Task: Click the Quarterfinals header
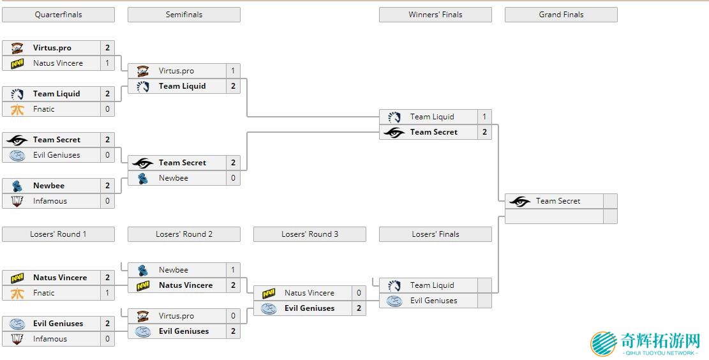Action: point(58,15)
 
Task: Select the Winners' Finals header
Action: point(435,15)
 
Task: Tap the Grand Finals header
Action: point(561,15)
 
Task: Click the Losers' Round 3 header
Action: point(310,234)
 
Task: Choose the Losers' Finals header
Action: point(435,234)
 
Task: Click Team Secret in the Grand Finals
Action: point(558,201)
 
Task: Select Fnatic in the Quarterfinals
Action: point(44,109)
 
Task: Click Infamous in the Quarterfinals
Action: point(50,201)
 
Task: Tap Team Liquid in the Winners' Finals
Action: point(432,117)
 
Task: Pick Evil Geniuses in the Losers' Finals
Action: point(433,301)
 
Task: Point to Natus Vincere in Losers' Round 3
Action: point(309,293)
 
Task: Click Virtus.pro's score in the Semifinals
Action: point(233,71)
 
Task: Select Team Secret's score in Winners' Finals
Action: point(484,132)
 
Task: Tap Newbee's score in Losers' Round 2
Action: point(233,270)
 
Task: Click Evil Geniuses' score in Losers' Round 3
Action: point(359,308)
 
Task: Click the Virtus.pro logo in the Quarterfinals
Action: point(17,48)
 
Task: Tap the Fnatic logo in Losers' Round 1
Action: point(17,293)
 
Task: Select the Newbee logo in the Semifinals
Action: point(143,178)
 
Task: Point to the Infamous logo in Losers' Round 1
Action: point(17,339)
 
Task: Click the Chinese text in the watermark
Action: point(660,340)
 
